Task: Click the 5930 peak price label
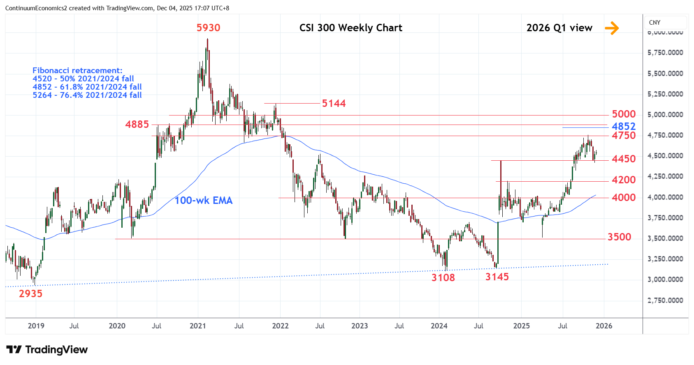click(208, 28)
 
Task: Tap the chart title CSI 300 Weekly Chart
click(350, 28)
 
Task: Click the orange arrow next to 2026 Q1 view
click(612, 28)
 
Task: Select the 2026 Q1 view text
click(559, 28)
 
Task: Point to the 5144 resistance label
click(334, 104)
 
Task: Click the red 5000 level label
click(624, 114)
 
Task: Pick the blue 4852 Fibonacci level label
click(624, 126)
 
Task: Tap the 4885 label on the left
click(137, 125)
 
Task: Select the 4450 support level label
click(624, 159)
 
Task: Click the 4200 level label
click(624, 180)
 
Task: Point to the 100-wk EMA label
click(204, 201)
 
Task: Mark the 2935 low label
click(31, 294)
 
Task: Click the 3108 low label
click(443, 278)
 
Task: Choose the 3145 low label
click(497, 277)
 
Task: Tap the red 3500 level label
click(619, 237)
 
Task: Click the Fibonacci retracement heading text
click(77, 71)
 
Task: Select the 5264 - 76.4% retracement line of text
click(87, 95)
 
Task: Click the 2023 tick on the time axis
click(360, 326)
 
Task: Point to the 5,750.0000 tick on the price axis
click(665, 53)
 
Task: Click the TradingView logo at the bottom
click(47, 350)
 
